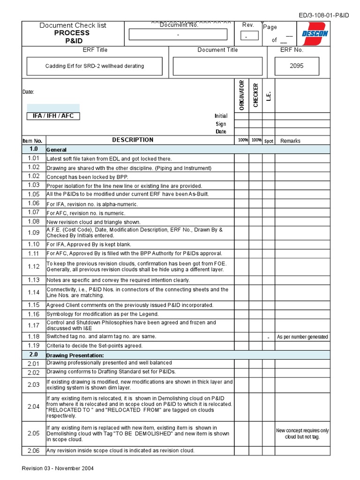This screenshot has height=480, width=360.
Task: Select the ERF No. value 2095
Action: pyautogui.click(x=296, y=66)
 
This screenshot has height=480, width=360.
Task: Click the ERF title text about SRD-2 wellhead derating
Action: pyautogui.click(x=95, y=66)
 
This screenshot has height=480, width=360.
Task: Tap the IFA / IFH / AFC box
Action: pyautogui.click(x=53, y=116)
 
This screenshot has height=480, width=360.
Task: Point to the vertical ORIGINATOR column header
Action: pyautogui.click(x=242, y=95)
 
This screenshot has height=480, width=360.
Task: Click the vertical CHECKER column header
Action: pyautogui.click(x=255, y=95)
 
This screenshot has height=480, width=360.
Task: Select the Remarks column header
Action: pyautogui.click(x=290, y=141)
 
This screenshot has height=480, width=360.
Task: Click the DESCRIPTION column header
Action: pyautogui.click(x=133, y=140)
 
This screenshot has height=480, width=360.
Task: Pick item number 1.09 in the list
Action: pyautogui.click(x=33, y=232)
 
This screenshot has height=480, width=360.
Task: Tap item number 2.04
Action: pyautogui.click(x=33, y=406)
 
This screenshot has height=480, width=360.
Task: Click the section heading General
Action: pyautogui.click(x=57, y=150)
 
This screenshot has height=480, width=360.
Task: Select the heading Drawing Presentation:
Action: pyautogui.click(x=75, y=355)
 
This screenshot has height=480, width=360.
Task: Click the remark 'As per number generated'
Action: pyautogui.click(x=302, y=337)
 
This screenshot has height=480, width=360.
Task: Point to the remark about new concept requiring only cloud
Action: pyautogui.click(x=302, y=434)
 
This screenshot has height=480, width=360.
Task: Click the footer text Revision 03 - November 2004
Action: pyautogui.click(x=59, y=468)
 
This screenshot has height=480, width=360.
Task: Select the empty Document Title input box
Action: pyautogui.click(x=217, y=66)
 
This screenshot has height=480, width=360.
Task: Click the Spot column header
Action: pyautogui.click(x=269, y=141)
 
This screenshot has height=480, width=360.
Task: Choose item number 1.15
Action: pyautogui.click(x=33, y=305)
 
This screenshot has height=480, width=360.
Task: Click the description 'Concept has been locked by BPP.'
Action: pyautogui.click(x=87, y=177)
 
